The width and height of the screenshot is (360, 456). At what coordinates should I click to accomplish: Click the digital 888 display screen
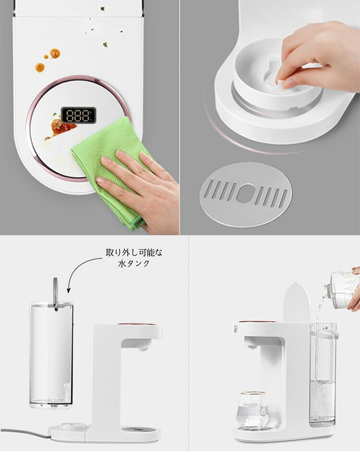[78, 115]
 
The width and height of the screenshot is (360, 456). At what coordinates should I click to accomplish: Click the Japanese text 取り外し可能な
[134, 252]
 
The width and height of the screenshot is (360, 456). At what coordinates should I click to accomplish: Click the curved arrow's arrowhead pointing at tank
[69, 289]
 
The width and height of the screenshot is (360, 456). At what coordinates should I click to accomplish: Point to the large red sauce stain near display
[62, 127]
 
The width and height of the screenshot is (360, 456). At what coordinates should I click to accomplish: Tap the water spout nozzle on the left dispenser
[142, 348]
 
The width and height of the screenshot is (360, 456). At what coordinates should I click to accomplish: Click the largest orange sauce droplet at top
[55, 53]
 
